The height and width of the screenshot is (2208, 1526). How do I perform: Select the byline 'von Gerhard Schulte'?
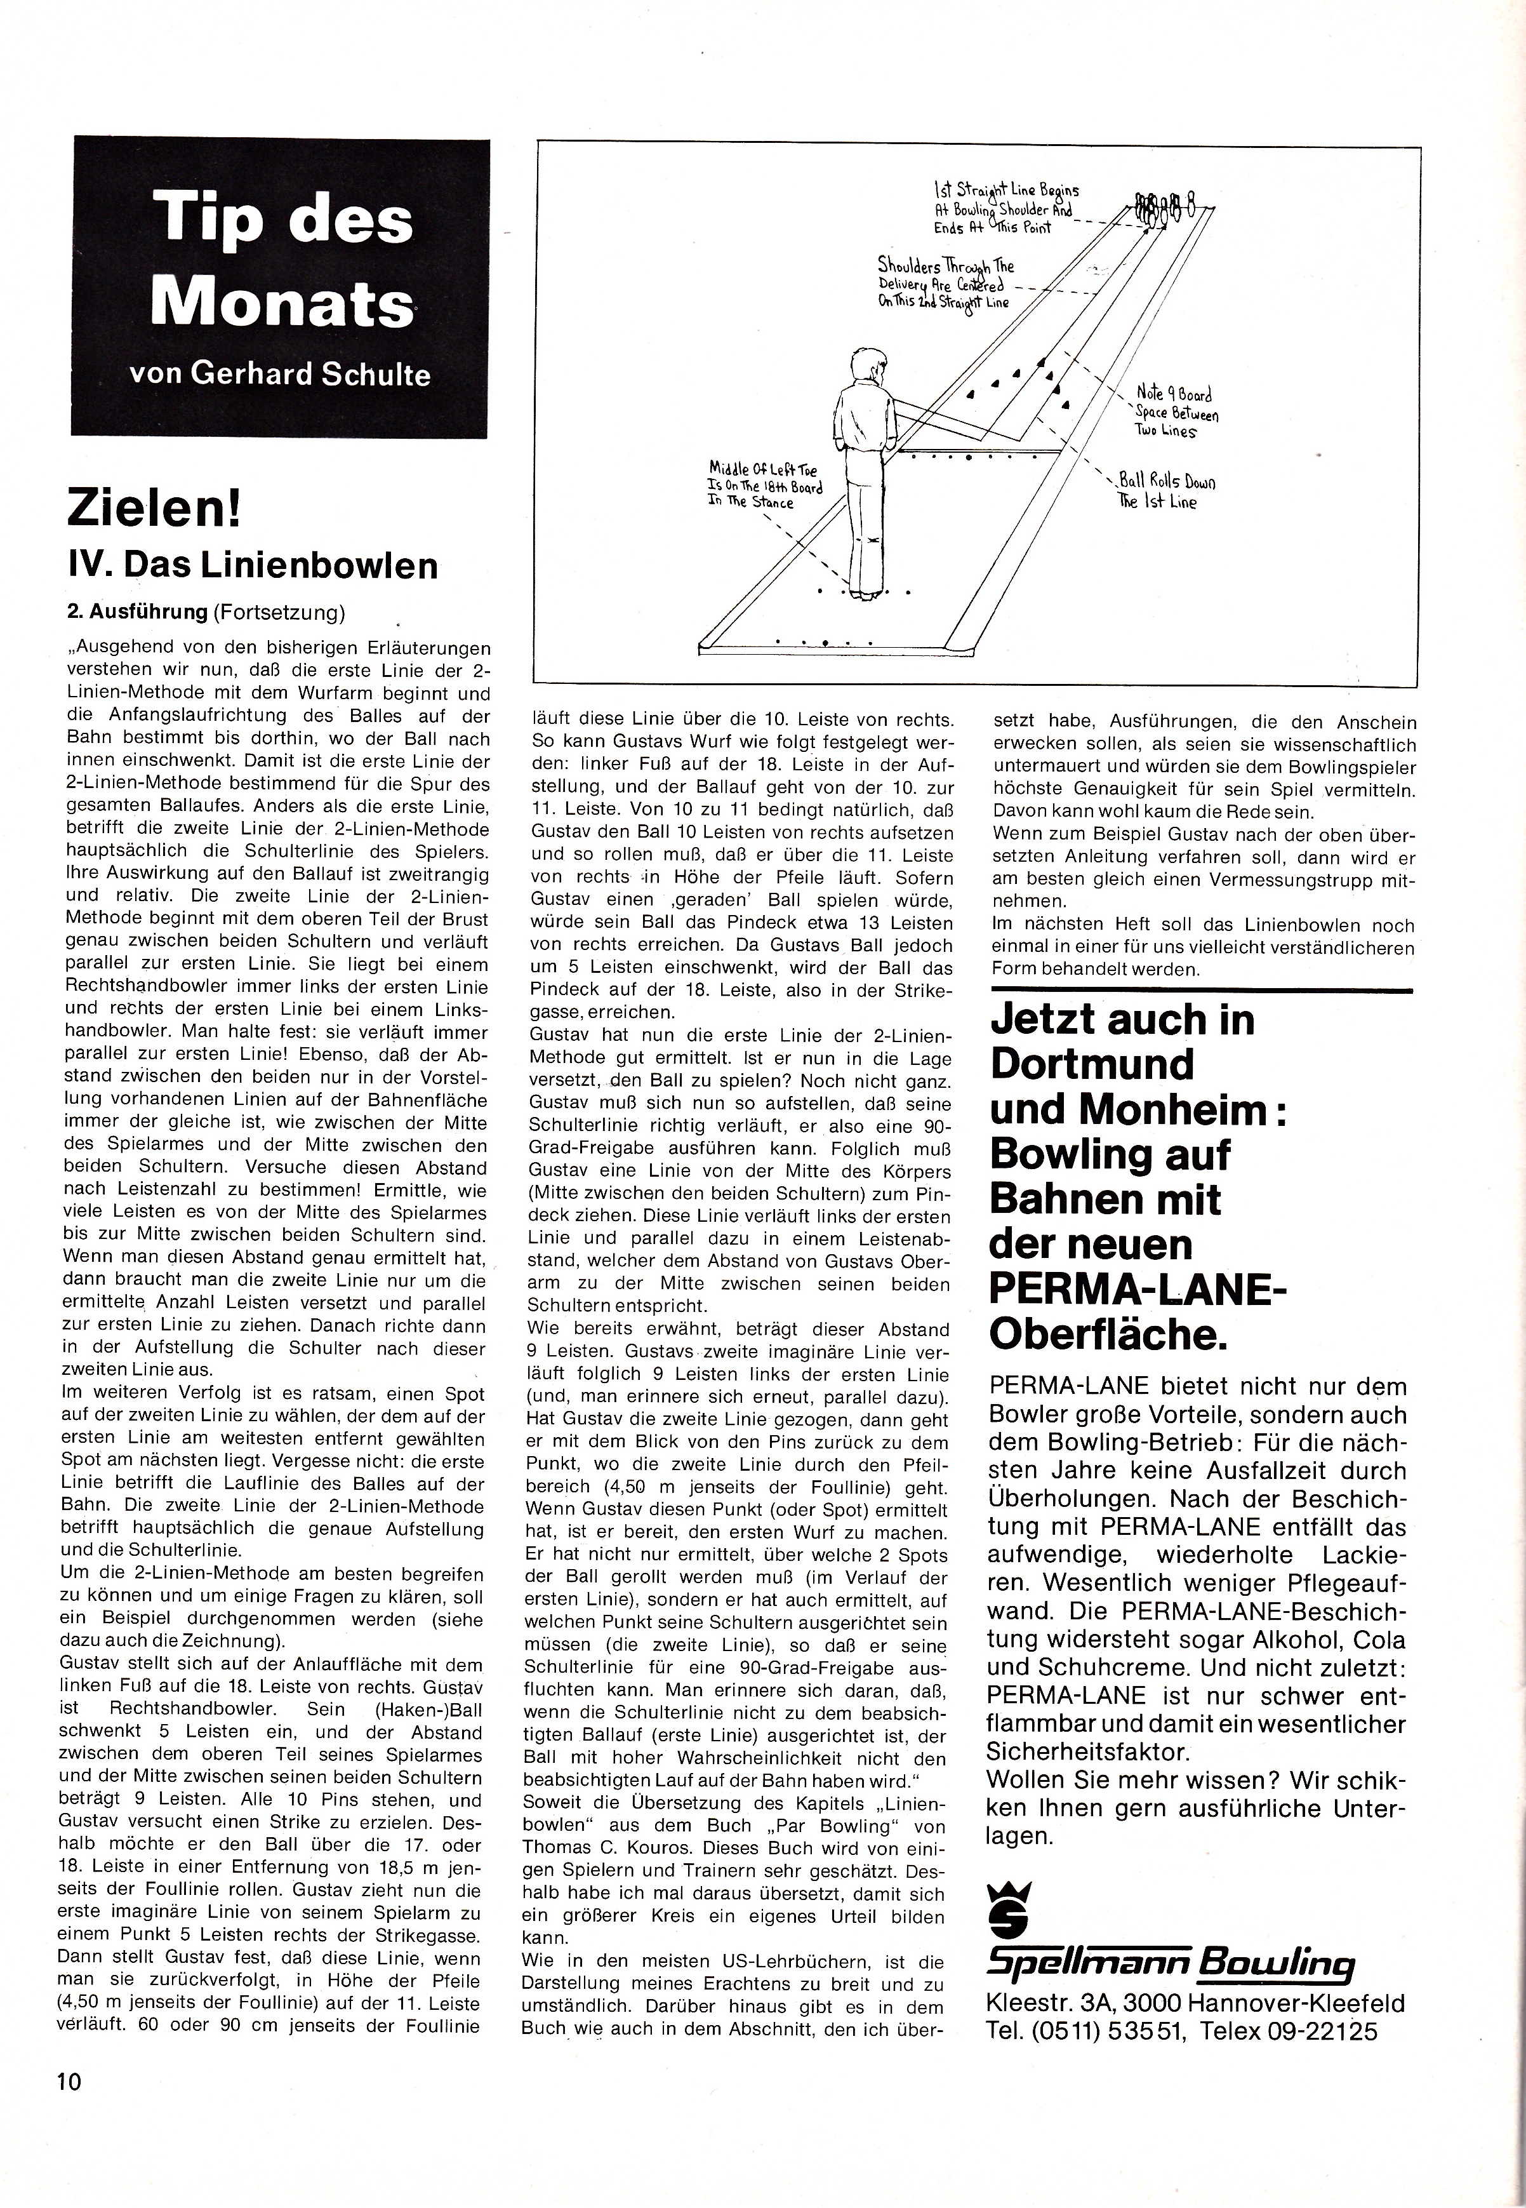click(279, 373)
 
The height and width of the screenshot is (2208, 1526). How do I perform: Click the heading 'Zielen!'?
click(154, 507)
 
